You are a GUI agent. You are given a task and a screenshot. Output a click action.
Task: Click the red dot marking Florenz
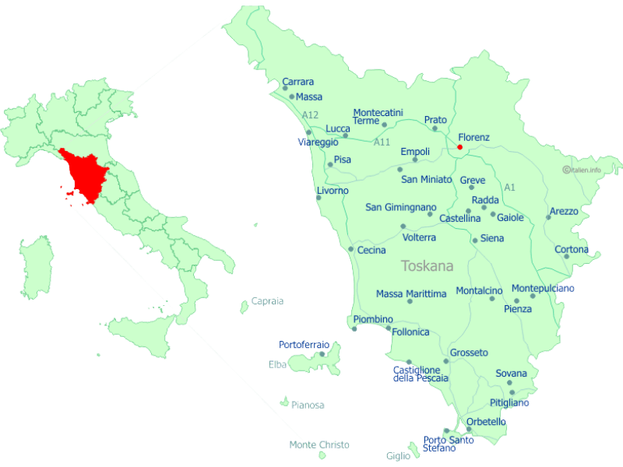[459, 147]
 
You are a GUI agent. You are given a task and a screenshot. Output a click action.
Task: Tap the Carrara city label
[298, 82]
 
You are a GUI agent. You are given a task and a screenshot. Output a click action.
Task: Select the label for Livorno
[333, 191]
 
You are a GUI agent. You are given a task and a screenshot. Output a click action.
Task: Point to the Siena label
[492, 238]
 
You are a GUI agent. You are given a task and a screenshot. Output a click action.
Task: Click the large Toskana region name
[427, 266]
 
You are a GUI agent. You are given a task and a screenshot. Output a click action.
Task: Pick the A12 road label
[310, 115]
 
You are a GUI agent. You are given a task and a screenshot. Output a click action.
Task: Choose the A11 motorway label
[382, 142]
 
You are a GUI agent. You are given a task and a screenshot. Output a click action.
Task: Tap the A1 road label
[510, 188]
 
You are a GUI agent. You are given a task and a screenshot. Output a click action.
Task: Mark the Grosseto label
[469, 353]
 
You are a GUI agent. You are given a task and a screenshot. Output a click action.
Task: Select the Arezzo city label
[564, 211]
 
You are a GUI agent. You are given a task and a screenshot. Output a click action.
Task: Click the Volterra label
[419, 237]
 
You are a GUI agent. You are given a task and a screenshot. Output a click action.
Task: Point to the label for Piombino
[373, 319]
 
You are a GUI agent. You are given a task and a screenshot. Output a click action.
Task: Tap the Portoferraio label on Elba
[304, 345]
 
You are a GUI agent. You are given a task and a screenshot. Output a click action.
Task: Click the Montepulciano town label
[543, 288]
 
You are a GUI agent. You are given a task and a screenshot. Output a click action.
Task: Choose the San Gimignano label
[401, 207]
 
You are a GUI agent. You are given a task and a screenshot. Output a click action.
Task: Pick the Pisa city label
[342, 160]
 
